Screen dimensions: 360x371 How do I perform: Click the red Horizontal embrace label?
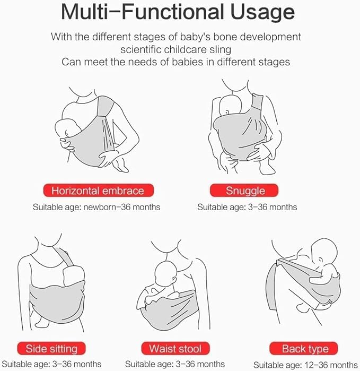tap(98, 190)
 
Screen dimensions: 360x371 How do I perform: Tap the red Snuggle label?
tap(244, 190)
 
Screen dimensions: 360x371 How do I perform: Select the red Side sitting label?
tap(51, 348)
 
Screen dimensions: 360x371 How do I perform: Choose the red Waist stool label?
tap(175, 348)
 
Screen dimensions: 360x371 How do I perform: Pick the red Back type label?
tap(304, 348)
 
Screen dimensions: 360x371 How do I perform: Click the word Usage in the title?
tap(262, 12)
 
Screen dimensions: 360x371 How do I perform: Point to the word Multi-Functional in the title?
tap(143, 12)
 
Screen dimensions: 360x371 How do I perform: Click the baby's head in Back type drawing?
tap(324, 252)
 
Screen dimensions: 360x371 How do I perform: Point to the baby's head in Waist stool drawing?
tap(166, 273)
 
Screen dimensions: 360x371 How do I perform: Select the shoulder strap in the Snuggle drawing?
tap(257, 101)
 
